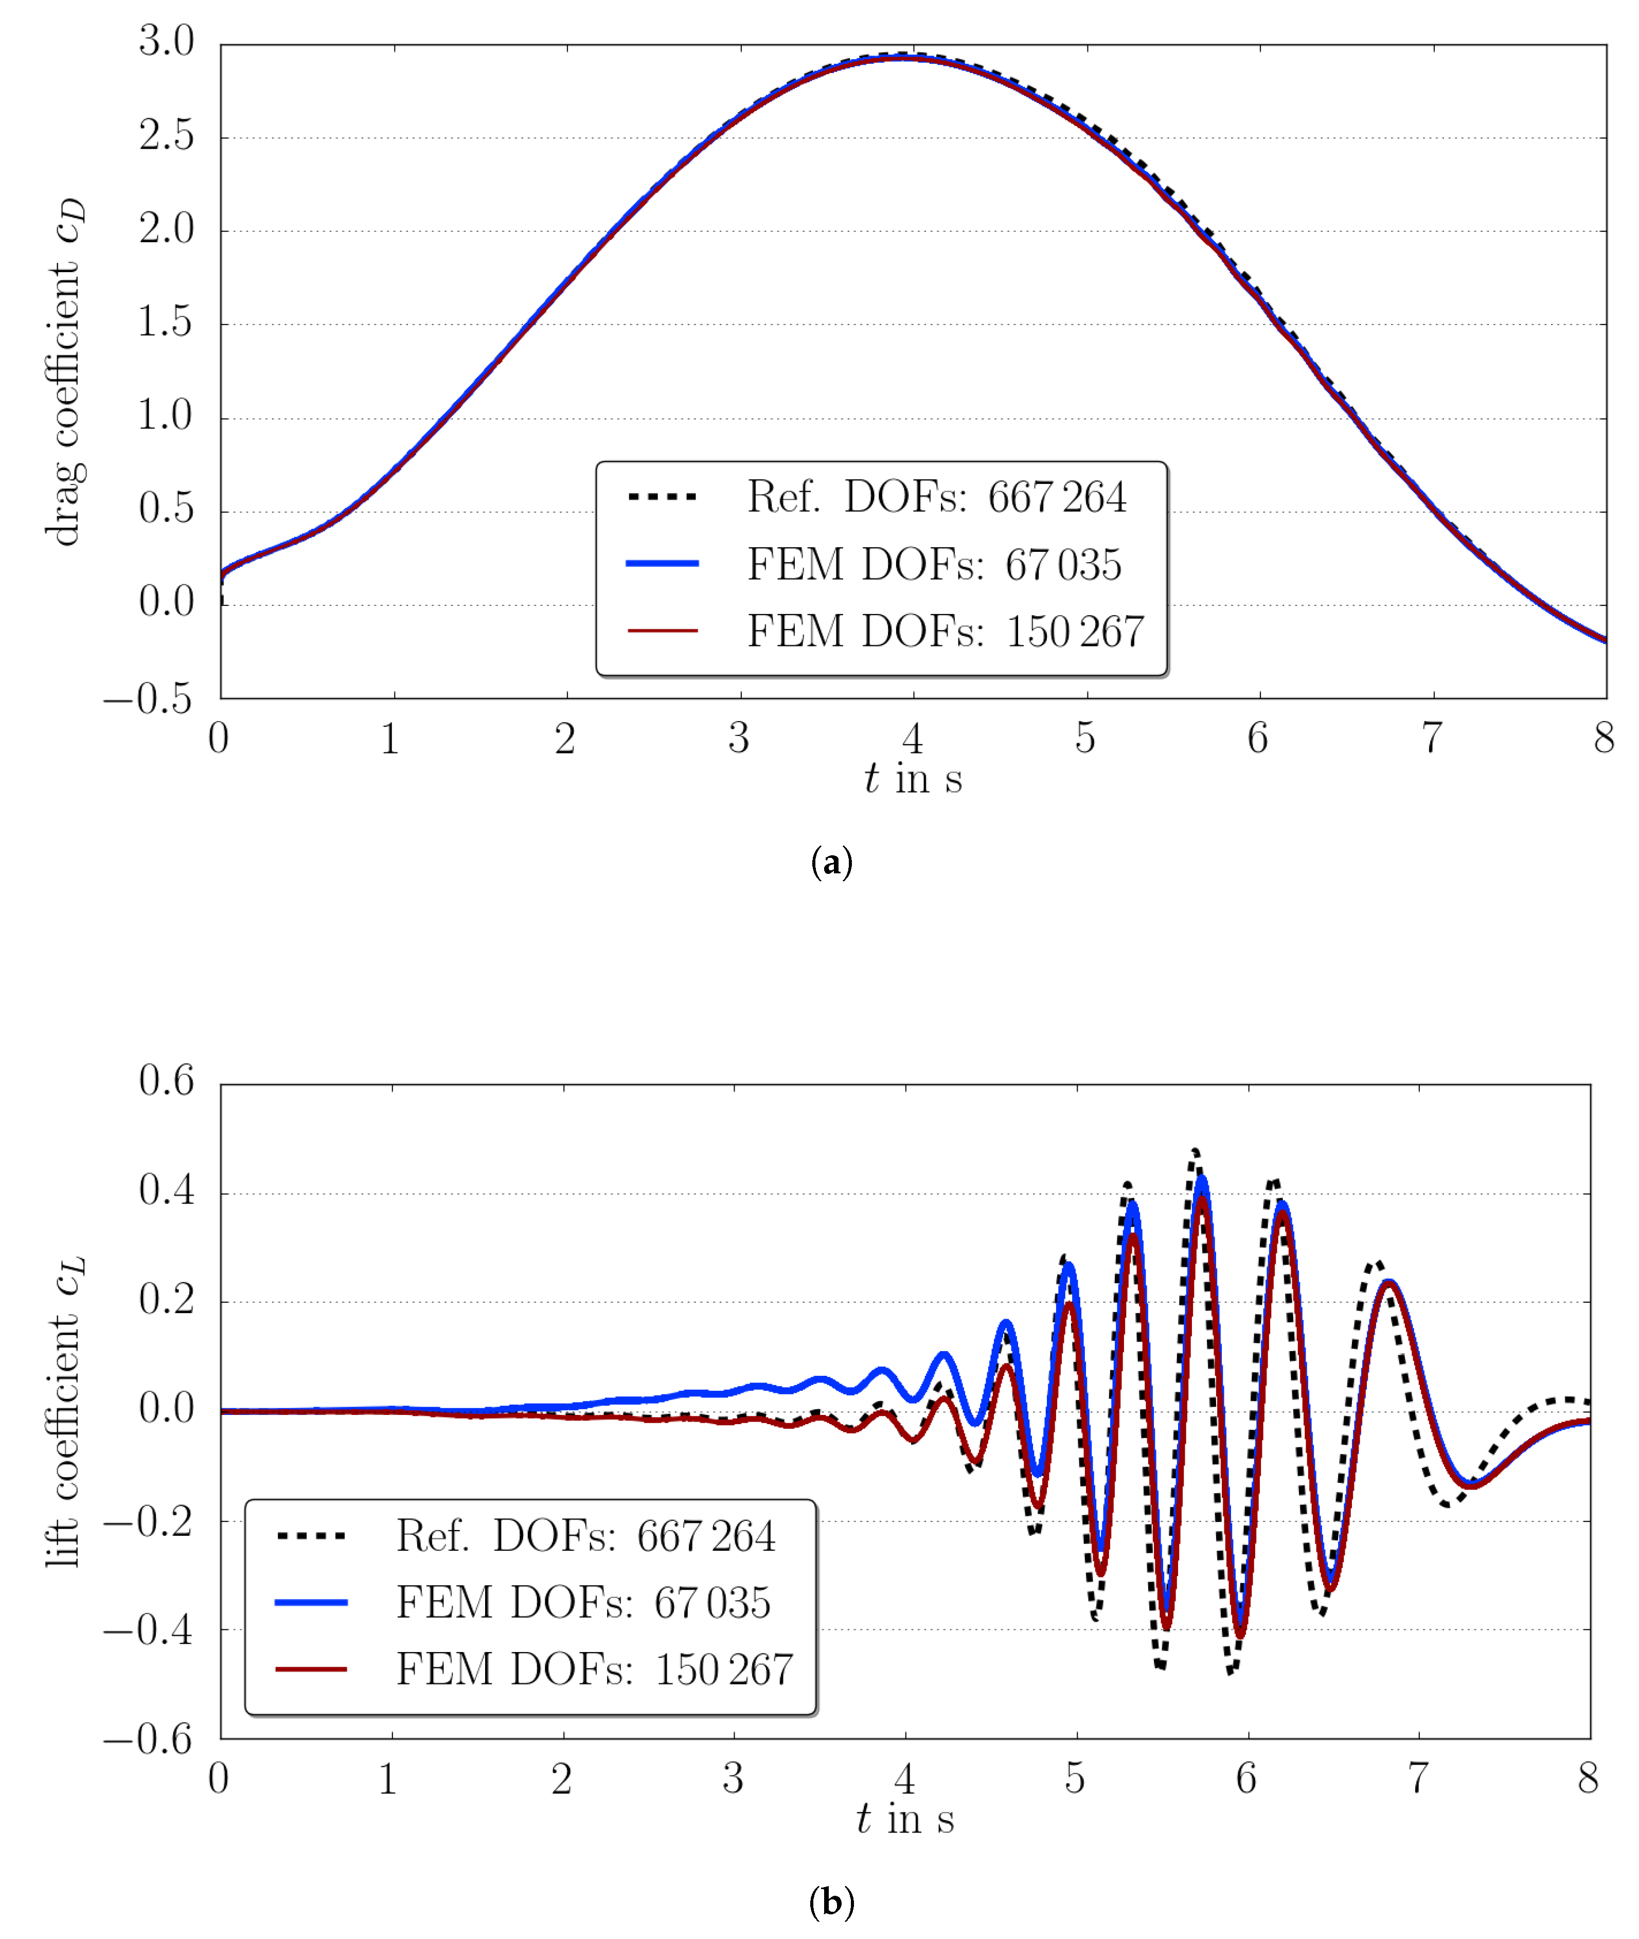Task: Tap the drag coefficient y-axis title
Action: tap(65, 372)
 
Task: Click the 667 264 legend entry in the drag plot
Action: tap(937, 497)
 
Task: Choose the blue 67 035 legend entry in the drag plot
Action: tap(934, 564)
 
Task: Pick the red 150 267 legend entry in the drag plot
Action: tap(945, 631)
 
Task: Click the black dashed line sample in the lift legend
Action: tap(311, 1536)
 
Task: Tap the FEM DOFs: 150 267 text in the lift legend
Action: tap(595, 1669)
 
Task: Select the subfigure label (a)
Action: tap(831, 862)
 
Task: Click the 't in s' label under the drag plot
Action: tap(913, 779)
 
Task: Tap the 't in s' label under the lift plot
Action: tap(905, 1818)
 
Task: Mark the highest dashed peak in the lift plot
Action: tap(1195, 1150)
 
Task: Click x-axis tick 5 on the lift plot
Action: tap(1075, 1778)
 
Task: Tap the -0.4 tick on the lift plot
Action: tap(149, 1629)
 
